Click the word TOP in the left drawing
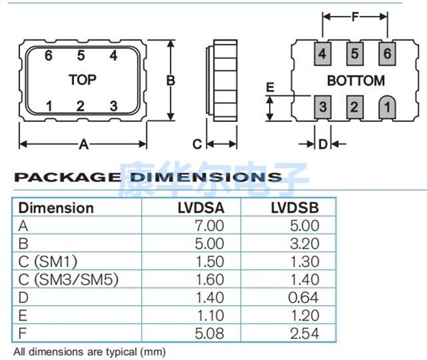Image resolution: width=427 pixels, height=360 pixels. click(x=82, y=80)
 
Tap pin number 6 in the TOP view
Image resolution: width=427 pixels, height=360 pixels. click(x=47, y=56)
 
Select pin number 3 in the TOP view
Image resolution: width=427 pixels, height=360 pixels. click(x=113, y=106)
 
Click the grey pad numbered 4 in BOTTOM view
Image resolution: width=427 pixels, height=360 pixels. click(x=323, y=54)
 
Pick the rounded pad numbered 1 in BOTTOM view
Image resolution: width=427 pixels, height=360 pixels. click(x=387, y=107)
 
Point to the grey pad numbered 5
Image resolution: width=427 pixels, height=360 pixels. click(x=355, y=54)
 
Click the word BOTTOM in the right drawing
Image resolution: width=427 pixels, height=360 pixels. click(x=355, y=80)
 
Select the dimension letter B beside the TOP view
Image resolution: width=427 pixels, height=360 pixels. click(x=172, y=80)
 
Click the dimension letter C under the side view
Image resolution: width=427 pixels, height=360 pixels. click(x=196, y=143)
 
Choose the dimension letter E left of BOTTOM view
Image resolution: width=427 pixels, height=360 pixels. click(x=269, y=88)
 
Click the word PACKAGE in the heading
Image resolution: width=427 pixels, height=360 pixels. click(x=66, y=178)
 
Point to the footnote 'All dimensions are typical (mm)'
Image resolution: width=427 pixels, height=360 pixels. click(x=88, y=352)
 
